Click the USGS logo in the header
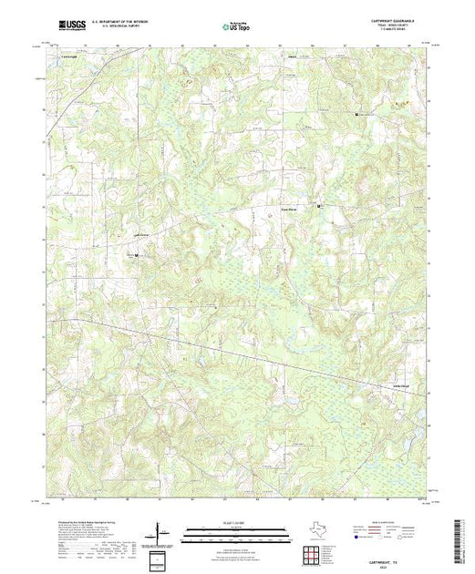(x=69, y=19)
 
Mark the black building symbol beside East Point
(x=318, y=207)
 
